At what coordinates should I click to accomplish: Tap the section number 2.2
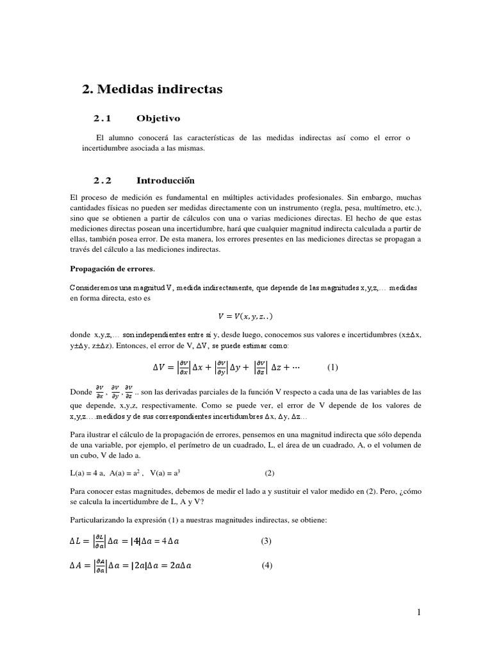coord(102,181)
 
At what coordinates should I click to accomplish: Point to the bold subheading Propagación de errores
coord(112,268)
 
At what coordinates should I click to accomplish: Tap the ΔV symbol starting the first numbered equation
coord(160,368)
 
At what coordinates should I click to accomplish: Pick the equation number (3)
coord(266,541)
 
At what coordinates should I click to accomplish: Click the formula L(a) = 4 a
coord(87,473)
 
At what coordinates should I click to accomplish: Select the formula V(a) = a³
coord(165,473)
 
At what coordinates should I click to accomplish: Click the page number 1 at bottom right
coord(419,612)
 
